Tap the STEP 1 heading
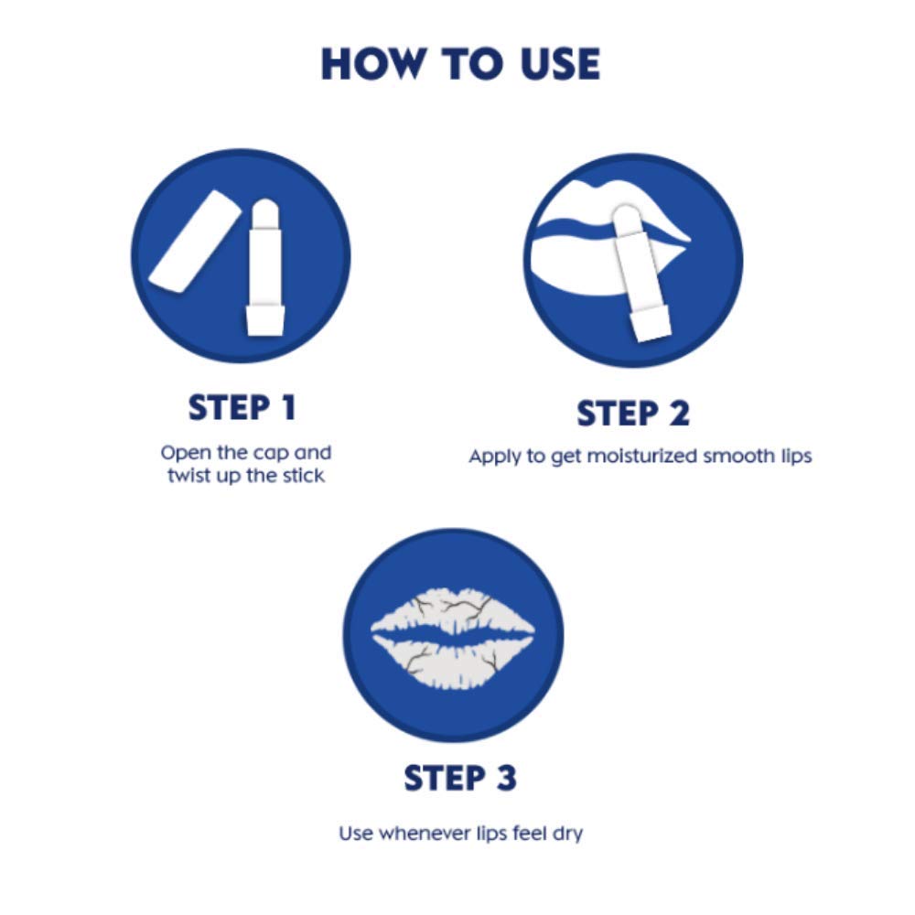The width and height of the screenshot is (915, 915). point(242,408)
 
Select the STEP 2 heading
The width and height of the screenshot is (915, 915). point(632,414)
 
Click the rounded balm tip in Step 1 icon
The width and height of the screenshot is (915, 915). point(264,212)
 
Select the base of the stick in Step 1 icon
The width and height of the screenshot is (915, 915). point(263,319)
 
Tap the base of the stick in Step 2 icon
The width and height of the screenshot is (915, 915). point(652,326)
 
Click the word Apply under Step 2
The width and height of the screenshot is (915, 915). point(493,457)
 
